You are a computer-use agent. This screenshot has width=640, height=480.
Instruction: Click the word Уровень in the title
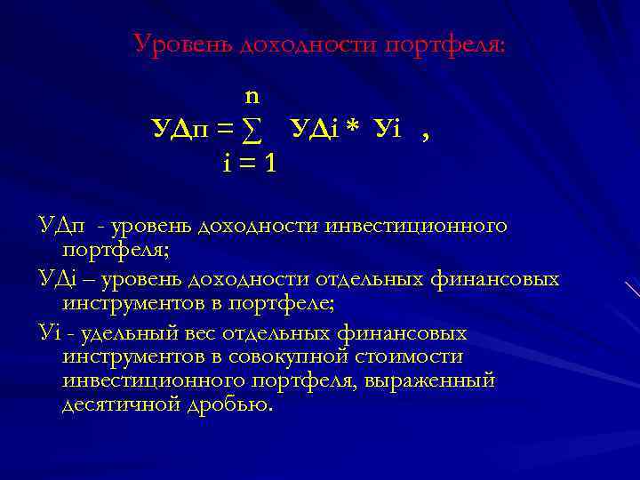pyautogui.click(x=183, y=43)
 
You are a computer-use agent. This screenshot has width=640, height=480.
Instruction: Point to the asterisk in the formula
pyautogui.click(x=352, y=130)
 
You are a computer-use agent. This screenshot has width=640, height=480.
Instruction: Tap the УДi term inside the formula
pyautogui.click(x=313, y=130)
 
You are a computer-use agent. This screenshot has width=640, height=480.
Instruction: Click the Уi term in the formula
pyautogui.click(x=389, y=130)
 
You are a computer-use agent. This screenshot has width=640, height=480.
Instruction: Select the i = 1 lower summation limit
pyautogui.click(x=250, y=163)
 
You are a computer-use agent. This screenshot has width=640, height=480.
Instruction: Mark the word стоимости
pyautogui.click(x=412, y=357)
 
